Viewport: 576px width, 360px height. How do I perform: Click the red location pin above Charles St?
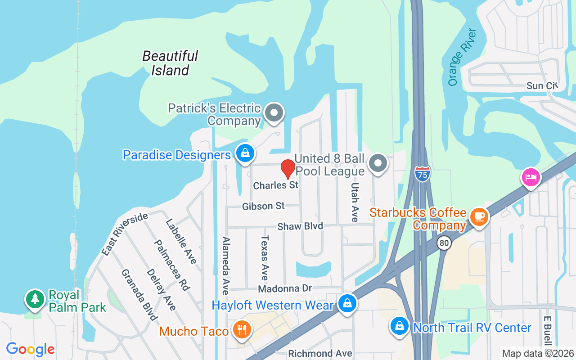288,169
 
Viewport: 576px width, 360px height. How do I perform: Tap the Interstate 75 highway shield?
422,174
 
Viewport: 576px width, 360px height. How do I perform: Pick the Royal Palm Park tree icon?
35,299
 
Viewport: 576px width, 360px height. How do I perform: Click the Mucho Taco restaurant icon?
242,330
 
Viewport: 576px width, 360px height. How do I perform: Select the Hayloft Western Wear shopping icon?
347,304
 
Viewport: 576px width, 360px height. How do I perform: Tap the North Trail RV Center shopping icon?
399,326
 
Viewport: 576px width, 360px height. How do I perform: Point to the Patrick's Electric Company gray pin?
274,112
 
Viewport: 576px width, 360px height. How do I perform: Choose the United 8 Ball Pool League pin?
378,163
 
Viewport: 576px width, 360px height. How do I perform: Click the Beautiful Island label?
170,63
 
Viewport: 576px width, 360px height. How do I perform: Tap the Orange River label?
462,57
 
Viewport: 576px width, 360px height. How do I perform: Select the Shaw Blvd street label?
300,226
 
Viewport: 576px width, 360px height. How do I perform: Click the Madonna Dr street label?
291,288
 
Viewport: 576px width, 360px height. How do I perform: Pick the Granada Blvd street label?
139,295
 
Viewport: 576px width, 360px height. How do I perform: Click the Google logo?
31,349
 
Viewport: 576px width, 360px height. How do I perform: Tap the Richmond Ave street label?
320,354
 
